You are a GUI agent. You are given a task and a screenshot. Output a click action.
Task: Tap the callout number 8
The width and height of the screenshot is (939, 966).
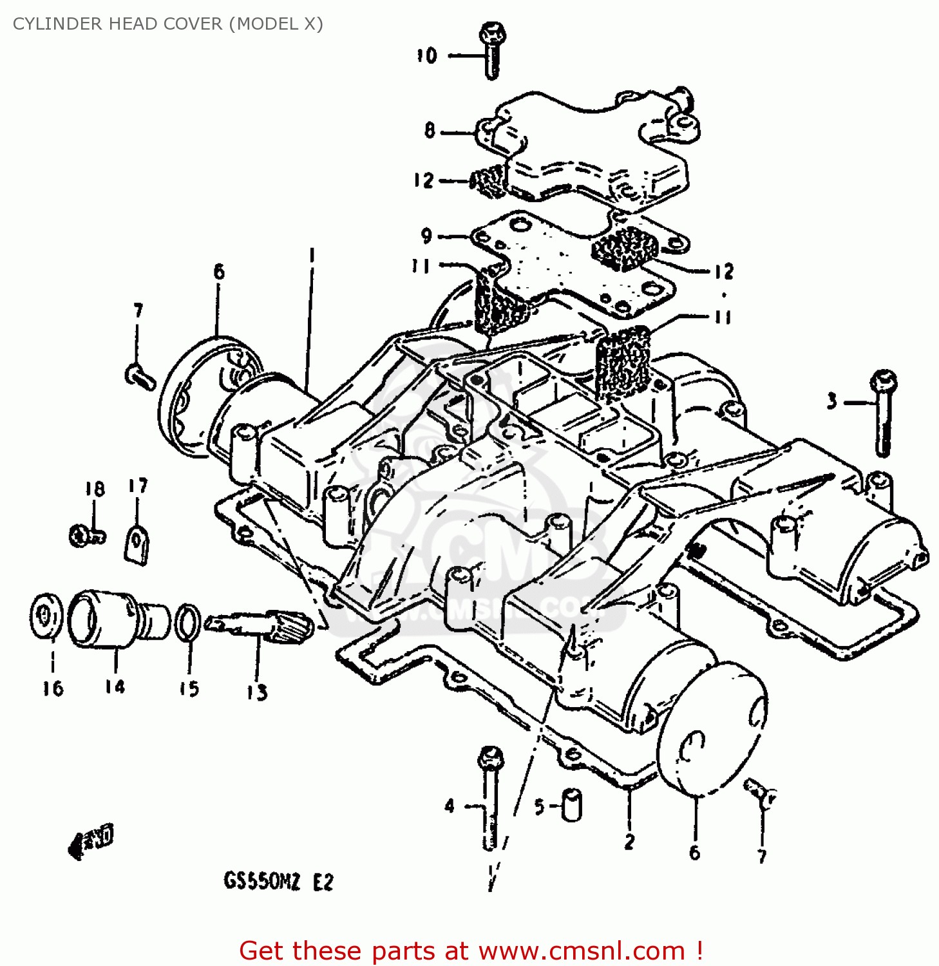coord(430,131)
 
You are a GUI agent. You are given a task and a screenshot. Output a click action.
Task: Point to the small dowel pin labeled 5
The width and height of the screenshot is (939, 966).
coord(571,805)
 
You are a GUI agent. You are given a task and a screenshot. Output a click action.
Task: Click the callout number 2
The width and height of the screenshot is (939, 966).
coord(629,841)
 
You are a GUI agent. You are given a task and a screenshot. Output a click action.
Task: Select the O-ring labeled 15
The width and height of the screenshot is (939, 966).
coord(187,623)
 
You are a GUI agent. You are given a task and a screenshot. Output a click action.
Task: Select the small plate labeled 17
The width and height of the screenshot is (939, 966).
coord(137,544)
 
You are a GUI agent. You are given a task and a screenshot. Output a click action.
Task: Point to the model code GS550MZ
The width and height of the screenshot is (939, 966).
coord(261,881)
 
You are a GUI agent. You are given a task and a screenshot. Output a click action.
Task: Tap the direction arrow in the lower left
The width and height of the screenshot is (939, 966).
coord(91,840)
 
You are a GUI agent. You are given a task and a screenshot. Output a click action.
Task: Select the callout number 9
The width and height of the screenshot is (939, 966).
coord(426,236)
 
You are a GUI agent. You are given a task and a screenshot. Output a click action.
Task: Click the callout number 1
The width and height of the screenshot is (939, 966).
coord(312,256)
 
